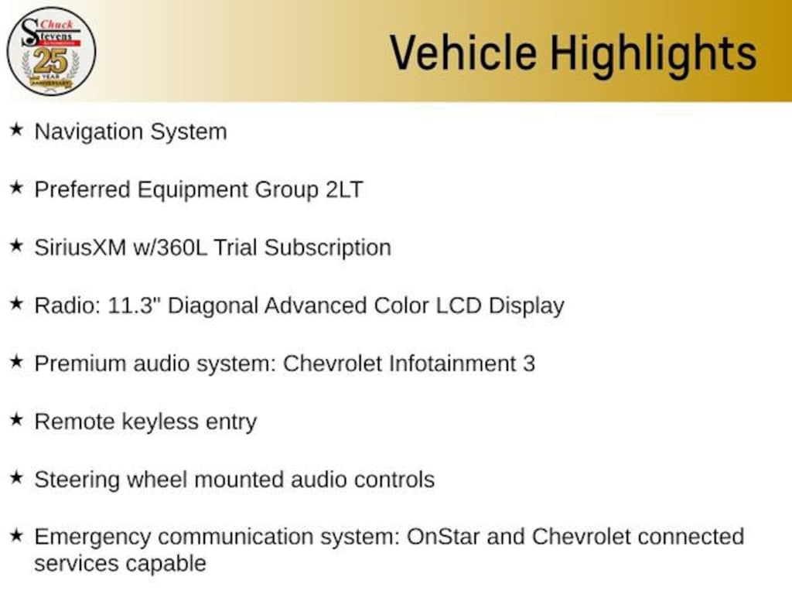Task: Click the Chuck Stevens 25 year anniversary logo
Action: (x=51, y=52)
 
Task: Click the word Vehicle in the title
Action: (x=463, y=53)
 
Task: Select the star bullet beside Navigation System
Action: (x=17, y=129)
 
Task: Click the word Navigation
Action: (x=89, y=132)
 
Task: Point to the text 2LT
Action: (x=344, y=190)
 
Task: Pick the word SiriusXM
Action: (x=80, y=248)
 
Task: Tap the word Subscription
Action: (x=327, y=248)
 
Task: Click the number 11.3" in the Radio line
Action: (x=131, y=306)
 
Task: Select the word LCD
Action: (x=458, y=306)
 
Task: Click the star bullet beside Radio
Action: (x=17, y=303)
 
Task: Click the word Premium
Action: (x=80, y=364)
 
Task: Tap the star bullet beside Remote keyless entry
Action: (x=17, y=419)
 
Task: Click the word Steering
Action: (x=77, y=480)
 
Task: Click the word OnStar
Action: (x=443, y=537)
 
